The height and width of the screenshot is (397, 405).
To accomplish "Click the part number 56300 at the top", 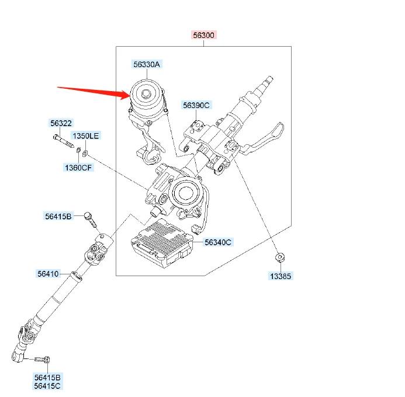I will coord(205,36).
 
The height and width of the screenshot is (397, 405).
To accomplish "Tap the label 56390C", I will coord(196,105).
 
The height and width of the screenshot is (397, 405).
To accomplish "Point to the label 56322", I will coord(61,123).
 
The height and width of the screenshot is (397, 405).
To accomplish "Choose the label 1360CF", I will coord(78,168).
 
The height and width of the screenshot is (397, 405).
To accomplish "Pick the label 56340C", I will coord(218,242).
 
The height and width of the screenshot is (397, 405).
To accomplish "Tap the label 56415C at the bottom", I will coord(47,386).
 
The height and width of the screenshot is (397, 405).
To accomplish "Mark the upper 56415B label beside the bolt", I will coord(58,216).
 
